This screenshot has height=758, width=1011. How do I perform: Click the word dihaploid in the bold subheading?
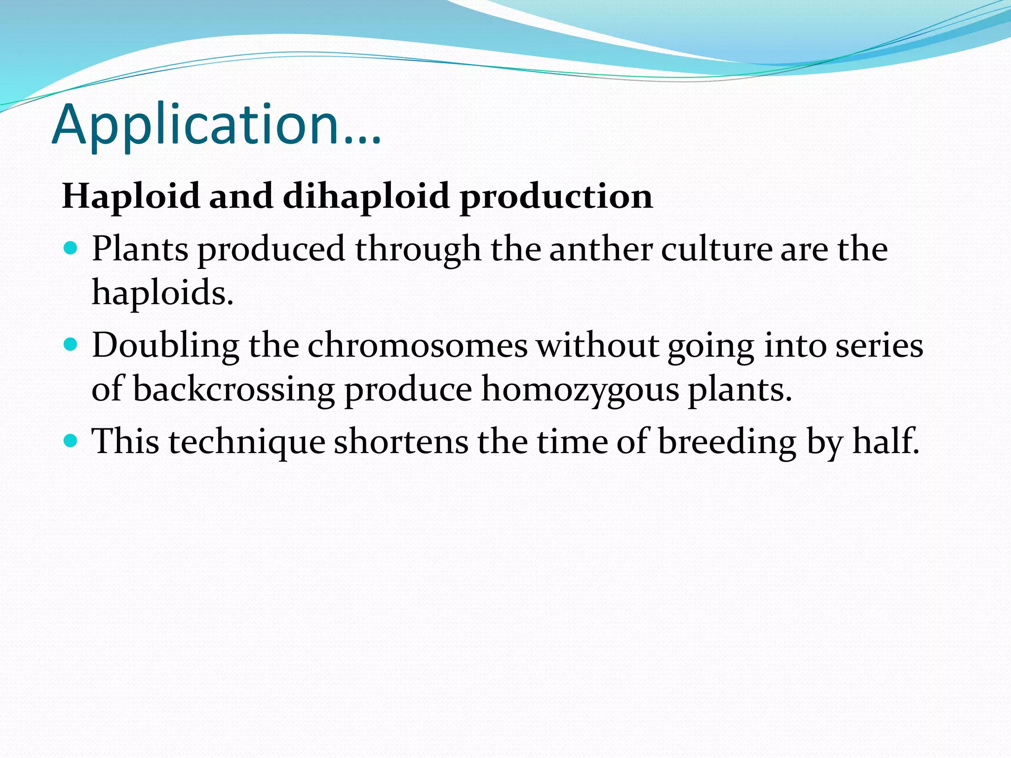click(x=365, y=196)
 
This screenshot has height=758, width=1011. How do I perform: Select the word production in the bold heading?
click(x=556, y=196)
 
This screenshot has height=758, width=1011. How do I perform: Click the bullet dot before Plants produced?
click(x=71, y=248)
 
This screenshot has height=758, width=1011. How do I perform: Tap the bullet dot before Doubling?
click(x=71, y=344)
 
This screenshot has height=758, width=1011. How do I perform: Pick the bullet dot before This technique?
click(x=71, y=440)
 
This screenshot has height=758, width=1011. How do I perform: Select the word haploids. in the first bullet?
click(x=162, y=292)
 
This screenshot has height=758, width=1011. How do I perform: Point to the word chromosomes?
click(x=418, y=345)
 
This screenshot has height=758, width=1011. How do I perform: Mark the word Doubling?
click(x=165, y=345)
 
